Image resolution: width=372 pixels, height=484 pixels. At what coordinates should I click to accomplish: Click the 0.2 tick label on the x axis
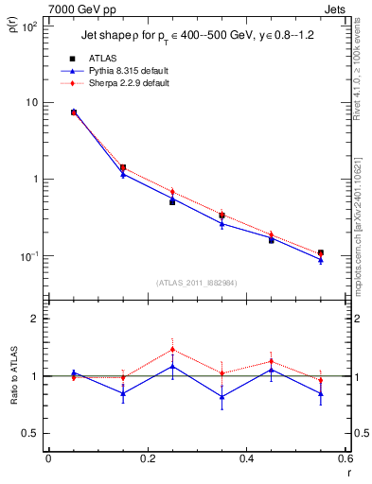(x=147, y=459)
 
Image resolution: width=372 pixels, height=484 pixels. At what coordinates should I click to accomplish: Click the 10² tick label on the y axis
(x=29, y=26)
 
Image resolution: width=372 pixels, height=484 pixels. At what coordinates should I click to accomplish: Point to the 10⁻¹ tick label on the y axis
(x=28, y=256)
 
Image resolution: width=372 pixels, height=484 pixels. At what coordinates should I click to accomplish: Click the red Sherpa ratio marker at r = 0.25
(x=172, y=349)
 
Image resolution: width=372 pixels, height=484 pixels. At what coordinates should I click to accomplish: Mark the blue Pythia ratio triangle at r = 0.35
(x=221, y=396)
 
